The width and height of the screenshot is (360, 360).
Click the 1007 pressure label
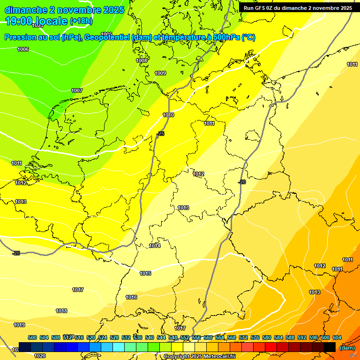77,90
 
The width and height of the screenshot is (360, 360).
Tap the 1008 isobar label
142,60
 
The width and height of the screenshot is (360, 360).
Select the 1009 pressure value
160,73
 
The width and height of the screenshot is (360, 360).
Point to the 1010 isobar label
168,115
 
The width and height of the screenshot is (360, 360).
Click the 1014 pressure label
155,246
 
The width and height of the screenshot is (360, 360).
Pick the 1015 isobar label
145,273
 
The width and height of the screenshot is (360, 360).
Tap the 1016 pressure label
131,297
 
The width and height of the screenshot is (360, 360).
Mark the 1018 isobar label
61,311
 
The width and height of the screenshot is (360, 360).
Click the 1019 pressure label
19,325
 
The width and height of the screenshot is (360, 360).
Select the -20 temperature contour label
242,182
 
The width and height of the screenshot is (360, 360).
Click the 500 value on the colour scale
32,337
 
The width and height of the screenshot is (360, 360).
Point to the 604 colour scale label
337,337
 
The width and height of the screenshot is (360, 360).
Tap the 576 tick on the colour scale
255,337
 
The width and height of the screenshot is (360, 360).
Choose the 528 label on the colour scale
114,337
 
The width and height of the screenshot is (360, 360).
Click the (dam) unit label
347,348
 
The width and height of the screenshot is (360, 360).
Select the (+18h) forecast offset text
81,21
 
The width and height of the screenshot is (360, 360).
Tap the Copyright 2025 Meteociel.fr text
199,357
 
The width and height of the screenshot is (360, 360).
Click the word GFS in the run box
261,8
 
